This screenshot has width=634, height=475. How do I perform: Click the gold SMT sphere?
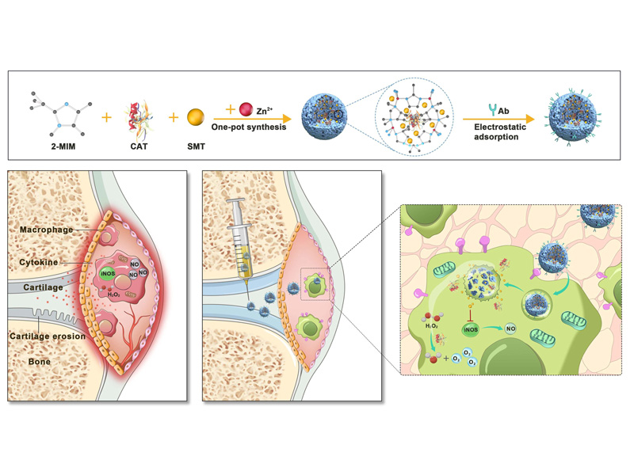(x=196, y=119)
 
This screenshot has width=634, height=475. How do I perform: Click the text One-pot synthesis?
(x=248, y=127)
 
